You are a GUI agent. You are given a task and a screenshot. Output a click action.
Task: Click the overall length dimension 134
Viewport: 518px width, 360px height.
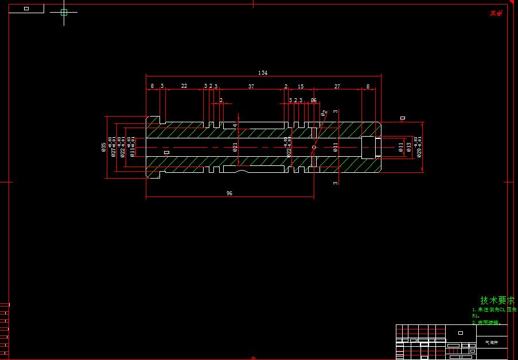(263, 73)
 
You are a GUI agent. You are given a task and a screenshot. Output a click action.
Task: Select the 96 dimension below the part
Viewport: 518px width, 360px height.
(229, 193)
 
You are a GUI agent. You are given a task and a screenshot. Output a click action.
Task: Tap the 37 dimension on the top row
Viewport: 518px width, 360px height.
(251, 86)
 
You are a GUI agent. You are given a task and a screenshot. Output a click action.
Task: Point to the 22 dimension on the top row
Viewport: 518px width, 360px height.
(184, 86)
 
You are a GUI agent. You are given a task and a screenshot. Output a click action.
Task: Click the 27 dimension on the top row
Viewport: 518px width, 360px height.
(337, 87)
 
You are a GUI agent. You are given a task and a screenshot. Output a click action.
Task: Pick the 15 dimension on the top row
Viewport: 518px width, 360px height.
(301, 87)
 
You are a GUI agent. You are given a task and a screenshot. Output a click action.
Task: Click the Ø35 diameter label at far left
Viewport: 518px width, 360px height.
(104, 147)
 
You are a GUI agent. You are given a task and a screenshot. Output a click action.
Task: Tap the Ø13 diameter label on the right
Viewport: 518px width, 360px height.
(409, 147)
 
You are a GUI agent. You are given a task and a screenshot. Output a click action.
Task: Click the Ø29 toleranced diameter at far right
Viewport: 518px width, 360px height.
(419, 147)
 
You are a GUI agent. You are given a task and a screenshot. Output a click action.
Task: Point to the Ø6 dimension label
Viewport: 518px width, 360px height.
(314, 100)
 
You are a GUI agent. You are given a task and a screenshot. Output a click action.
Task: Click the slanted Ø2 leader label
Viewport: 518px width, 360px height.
(324, 113)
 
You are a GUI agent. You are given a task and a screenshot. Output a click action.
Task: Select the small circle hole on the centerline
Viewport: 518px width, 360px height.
(314, 147)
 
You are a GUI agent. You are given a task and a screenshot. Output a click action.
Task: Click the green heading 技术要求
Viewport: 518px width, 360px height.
(498, 300)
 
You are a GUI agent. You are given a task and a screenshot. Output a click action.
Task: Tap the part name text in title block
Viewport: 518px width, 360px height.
(492, 342)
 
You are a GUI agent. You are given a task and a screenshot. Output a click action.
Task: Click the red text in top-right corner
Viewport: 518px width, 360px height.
(496, 13)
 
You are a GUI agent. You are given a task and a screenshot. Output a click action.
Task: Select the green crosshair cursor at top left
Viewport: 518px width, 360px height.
(64, 12)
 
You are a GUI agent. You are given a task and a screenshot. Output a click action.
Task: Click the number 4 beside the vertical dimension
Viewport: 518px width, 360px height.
(235, 125)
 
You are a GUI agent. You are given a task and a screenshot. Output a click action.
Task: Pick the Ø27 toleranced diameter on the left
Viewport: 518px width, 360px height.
(114, 147)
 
